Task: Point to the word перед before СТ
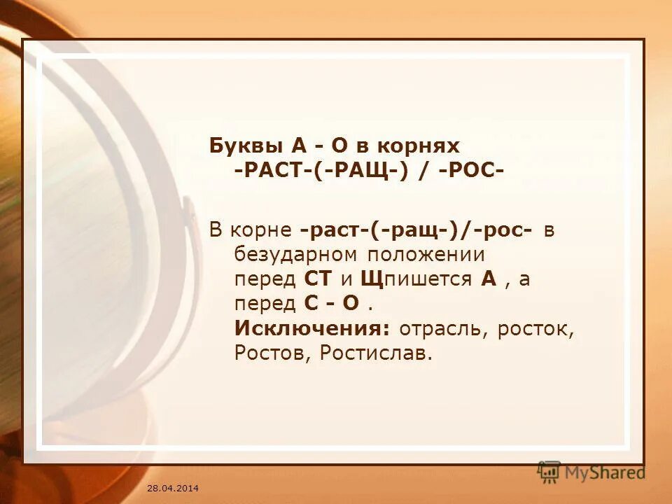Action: (267, 279)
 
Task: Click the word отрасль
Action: (444, 328)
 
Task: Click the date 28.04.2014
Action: (173, 487)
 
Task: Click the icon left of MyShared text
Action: (549, 472)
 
